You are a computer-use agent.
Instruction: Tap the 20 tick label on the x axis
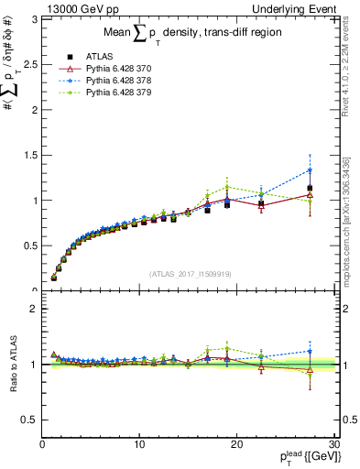coord(237,445)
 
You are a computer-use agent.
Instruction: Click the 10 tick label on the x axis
coord(139,445)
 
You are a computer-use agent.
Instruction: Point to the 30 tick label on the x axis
coord(334,445)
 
